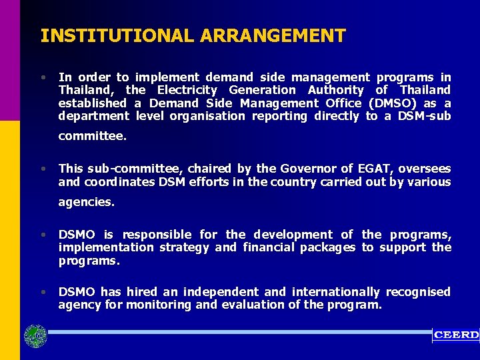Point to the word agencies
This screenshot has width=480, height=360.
pos(86,202)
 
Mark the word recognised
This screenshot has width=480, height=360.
pos(418,292)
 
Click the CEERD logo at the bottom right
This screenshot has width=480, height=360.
pos(456,335)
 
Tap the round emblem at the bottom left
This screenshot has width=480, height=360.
pos(35,335)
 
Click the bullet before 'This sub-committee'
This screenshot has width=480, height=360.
pos(43,169)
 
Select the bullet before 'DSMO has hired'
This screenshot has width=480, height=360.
pos(43,292)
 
